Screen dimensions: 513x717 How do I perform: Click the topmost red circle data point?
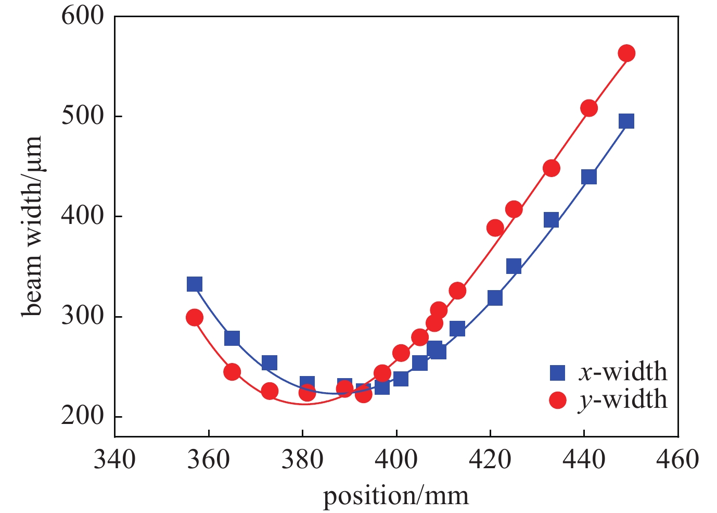(x=626, y=53)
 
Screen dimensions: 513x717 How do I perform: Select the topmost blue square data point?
(x=626, y=121)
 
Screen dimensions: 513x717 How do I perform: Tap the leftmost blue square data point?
(x=194, y=284)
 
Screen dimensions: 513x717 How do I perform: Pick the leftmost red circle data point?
(x=194, y=317)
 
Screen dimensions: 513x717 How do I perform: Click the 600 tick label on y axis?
(x=83, y=16)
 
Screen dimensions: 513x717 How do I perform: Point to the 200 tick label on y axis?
(x=83, y=417)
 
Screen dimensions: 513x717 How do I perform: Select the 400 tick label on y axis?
(x=83, y=216)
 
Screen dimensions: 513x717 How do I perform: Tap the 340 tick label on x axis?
(x=114, y=459)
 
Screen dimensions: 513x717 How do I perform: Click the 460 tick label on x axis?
(x=677, y=459)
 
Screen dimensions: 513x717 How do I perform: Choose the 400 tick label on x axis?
(x=396, y=459)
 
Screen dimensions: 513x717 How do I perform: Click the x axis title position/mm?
(x=396, y=496)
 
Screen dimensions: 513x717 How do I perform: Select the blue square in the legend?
(x=557, y=372)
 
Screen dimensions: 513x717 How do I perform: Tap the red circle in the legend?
(x=557, y=400)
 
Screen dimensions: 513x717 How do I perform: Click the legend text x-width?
(x=622, y=372)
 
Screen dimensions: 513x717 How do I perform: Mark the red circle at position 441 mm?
(x=589, y=108)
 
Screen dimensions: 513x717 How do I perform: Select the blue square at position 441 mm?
(x=589, y=177)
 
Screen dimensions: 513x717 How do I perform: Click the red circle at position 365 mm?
(x=232, y=372)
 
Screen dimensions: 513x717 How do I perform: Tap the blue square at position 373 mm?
(x=269, y=362)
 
